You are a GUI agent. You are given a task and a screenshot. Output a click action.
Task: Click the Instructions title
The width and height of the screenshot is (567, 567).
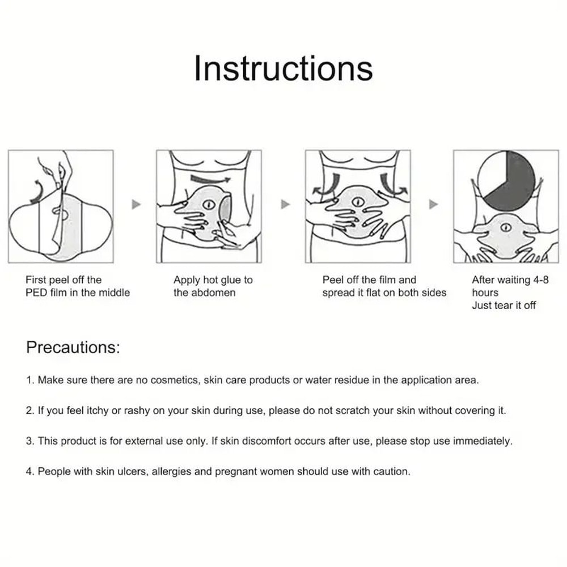point(283,68)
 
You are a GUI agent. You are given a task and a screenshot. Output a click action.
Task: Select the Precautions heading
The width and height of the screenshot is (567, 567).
point(73,347)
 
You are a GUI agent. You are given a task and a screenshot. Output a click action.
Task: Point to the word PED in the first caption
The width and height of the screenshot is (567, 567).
point(36,293)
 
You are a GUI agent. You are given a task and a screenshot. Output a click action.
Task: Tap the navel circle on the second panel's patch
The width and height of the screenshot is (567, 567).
point(209,204)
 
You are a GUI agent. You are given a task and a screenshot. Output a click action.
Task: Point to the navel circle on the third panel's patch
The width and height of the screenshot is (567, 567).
point(358,202)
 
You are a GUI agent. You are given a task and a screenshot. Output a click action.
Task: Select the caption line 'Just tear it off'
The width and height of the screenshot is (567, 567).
point(503,305)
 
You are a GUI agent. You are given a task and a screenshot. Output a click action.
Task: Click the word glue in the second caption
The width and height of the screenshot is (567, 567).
point(235,280)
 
